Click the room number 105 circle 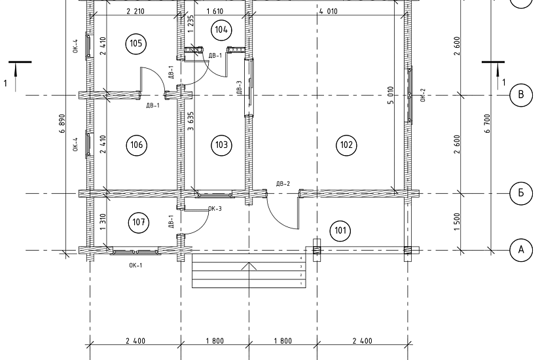[136, 43]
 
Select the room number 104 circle [221, 29]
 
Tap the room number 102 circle [346, 145]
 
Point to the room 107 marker [139, 222]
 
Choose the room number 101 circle [340, 230]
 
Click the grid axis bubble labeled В [521, 95]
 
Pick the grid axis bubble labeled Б [521, 193]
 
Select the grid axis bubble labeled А [521, 249]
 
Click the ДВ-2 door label [283, 184]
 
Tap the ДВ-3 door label [240, 88]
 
